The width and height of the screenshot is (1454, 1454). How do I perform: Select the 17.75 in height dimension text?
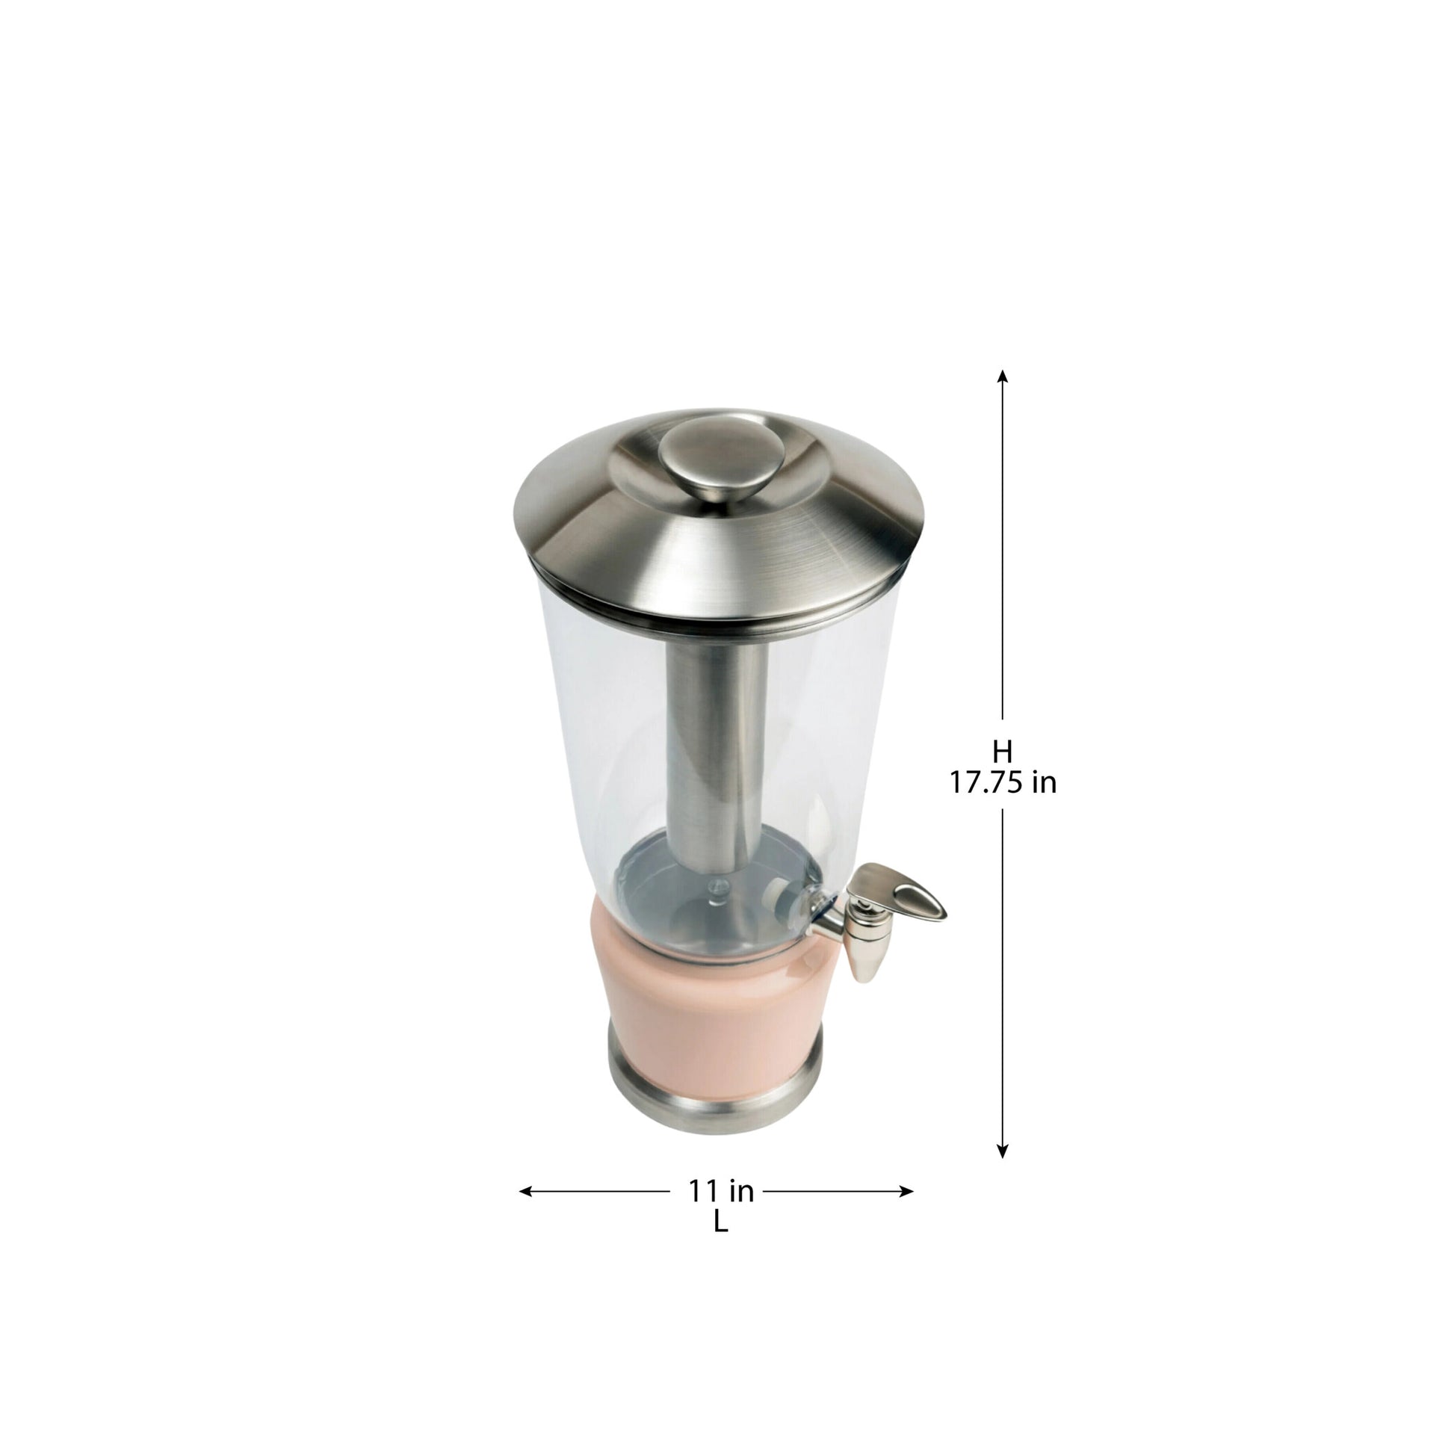coord(1002,784)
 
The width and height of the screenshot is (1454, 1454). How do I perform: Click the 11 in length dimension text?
coord(721,1190)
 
